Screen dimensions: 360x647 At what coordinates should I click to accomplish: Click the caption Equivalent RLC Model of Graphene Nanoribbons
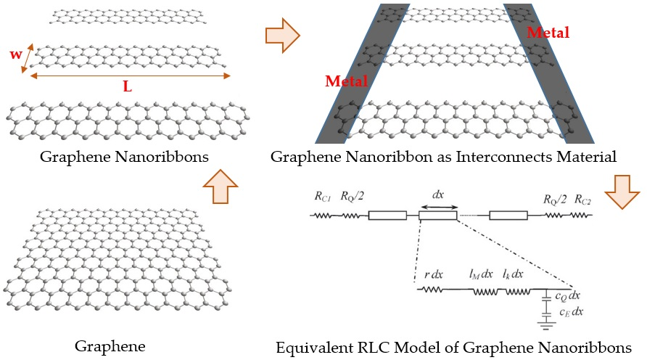(453, 347)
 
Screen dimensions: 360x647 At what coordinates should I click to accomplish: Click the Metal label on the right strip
(548, 33)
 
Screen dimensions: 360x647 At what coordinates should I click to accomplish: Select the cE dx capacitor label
(570, 311)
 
